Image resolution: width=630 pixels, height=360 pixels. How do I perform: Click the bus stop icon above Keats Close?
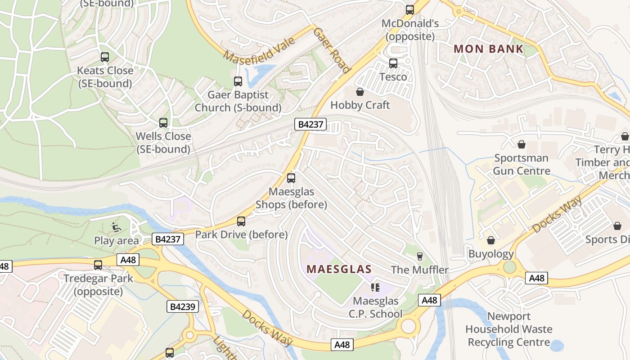pos(105,57)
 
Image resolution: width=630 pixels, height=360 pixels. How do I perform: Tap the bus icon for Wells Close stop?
pos(163,122)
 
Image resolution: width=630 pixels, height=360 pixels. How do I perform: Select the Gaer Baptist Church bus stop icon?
pos(238,81)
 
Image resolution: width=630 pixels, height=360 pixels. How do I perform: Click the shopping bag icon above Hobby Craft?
pos(360,92)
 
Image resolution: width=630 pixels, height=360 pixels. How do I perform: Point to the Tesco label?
pos(393,77)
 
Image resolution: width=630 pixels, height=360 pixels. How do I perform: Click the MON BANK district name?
pos(488,49)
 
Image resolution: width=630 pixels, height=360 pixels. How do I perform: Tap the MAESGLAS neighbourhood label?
pos(339,270)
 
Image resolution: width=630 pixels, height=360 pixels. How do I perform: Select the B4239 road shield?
pos(183,307)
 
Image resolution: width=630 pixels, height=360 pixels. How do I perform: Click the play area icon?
pos(116,227)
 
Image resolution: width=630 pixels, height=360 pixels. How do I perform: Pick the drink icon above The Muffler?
pos(420,256)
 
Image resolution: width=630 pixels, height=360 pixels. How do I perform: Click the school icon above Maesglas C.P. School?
pos(375,287)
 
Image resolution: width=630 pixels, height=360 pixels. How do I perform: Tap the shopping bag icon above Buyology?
pos(491,241)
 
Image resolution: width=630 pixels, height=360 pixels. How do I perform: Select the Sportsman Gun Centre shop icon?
pos(521,144)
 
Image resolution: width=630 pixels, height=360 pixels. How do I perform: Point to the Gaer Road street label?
pos(331,50)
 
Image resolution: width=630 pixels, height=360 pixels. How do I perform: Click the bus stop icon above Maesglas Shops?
pos(291,178)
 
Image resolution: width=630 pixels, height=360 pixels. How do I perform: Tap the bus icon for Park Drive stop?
pos(241,221)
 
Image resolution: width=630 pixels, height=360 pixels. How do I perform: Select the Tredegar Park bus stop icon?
pos(98,265)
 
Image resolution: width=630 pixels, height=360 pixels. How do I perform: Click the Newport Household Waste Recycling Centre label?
pos(509,329)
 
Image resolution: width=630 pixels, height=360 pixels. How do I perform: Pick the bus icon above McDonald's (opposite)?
pos(410,10)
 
